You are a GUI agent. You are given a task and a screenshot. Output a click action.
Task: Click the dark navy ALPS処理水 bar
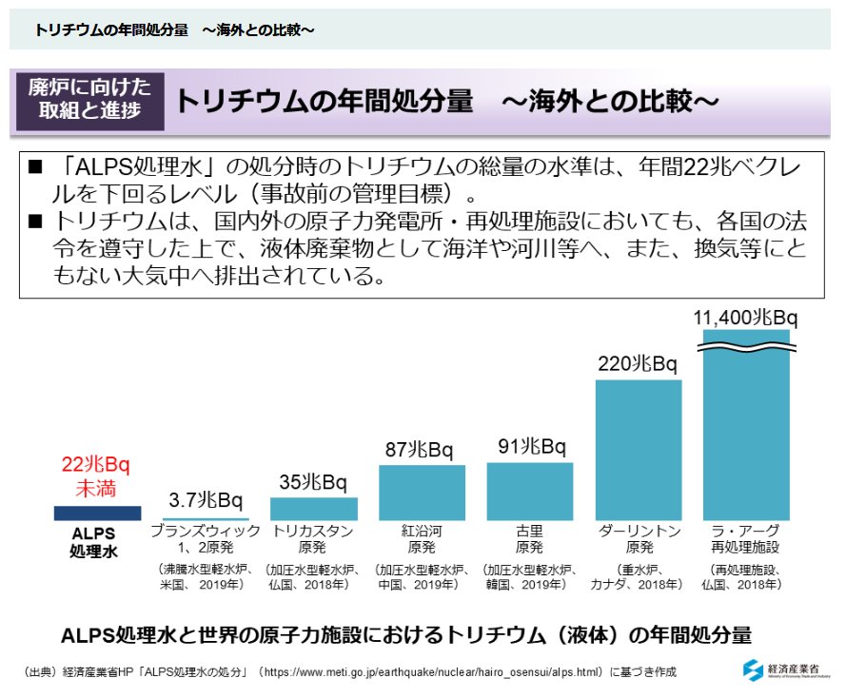pos(97,513)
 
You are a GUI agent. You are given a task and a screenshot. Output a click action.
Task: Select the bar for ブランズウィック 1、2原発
pos(206,518)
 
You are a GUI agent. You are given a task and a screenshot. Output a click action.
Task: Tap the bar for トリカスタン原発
pos(314,509)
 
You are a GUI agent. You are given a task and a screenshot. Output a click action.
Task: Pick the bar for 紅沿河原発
pos(422,493)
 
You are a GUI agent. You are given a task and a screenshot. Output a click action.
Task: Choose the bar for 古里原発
pos(530,492)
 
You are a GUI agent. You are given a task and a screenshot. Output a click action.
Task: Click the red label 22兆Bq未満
pos(95,476)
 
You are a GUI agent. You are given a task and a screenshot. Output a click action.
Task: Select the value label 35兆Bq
pos(314,482)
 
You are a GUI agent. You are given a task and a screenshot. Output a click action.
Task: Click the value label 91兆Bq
pos(531,447)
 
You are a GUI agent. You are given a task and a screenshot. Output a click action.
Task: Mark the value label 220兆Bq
pos(637,364)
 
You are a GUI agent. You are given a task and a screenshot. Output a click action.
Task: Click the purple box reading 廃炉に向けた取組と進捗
pos(89,100)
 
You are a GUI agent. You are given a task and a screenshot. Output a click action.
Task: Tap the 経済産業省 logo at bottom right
pos(785,669)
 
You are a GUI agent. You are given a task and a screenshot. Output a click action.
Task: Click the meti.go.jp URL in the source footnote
pos(432,672)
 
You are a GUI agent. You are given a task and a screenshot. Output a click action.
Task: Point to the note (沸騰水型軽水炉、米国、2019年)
pos(205,576)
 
